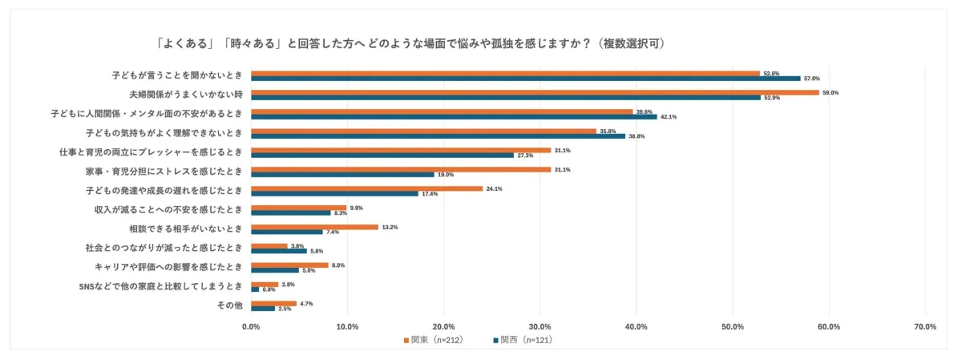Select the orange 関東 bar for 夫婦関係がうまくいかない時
pyautogui.click(x=535, y=92)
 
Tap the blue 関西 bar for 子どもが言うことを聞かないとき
pyautogui.click(x=525, y=79)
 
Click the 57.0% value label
pyautogui.click(x=812, y=79)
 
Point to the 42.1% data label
pyautogui.click(x=669, y=117)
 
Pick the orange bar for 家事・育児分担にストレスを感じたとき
pyautogui.click(x=401, y=169)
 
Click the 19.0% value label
pyautogui.click(x=446, y=175)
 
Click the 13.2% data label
pyautogui.click(x=390, y=227)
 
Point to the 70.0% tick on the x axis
pyautogui.click(x=925, y=326)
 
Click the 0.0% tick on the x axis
pyautogui.click(x=251, y=326)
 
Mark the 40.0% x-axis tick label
pyautogui.click(x=636, y=326)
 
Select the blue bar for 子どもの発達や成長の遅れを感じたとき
pyautogui.click(x=334, y=194)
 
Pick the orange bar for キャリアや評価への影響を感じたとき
pyautogui.click(x=289, y=265)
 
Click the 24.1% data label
pyautogui.click(x=495, y=188)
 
